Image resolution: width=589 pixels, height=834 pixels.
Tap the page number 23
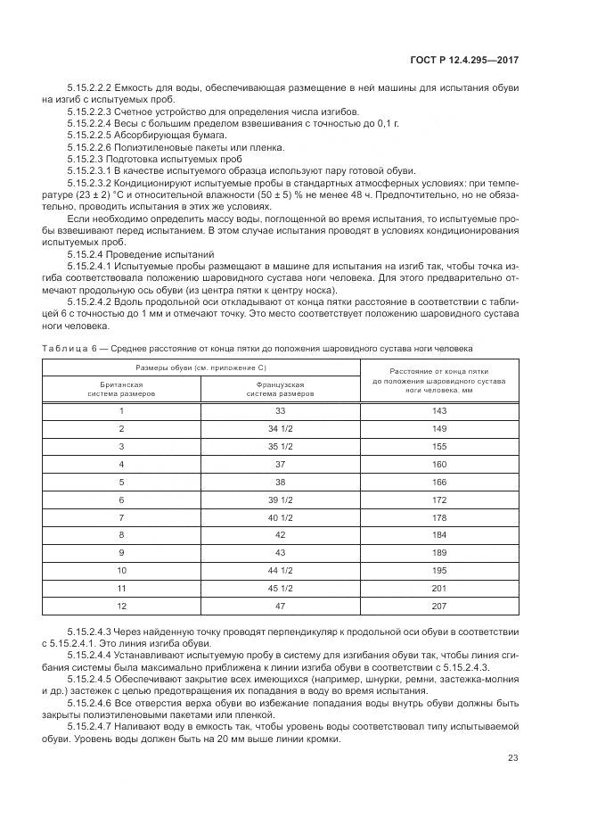512,758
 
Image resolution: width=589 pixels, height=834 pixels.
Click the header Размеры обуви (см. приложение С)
201,367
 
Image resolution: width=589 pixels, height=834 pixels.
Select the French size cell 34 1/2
281,428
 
